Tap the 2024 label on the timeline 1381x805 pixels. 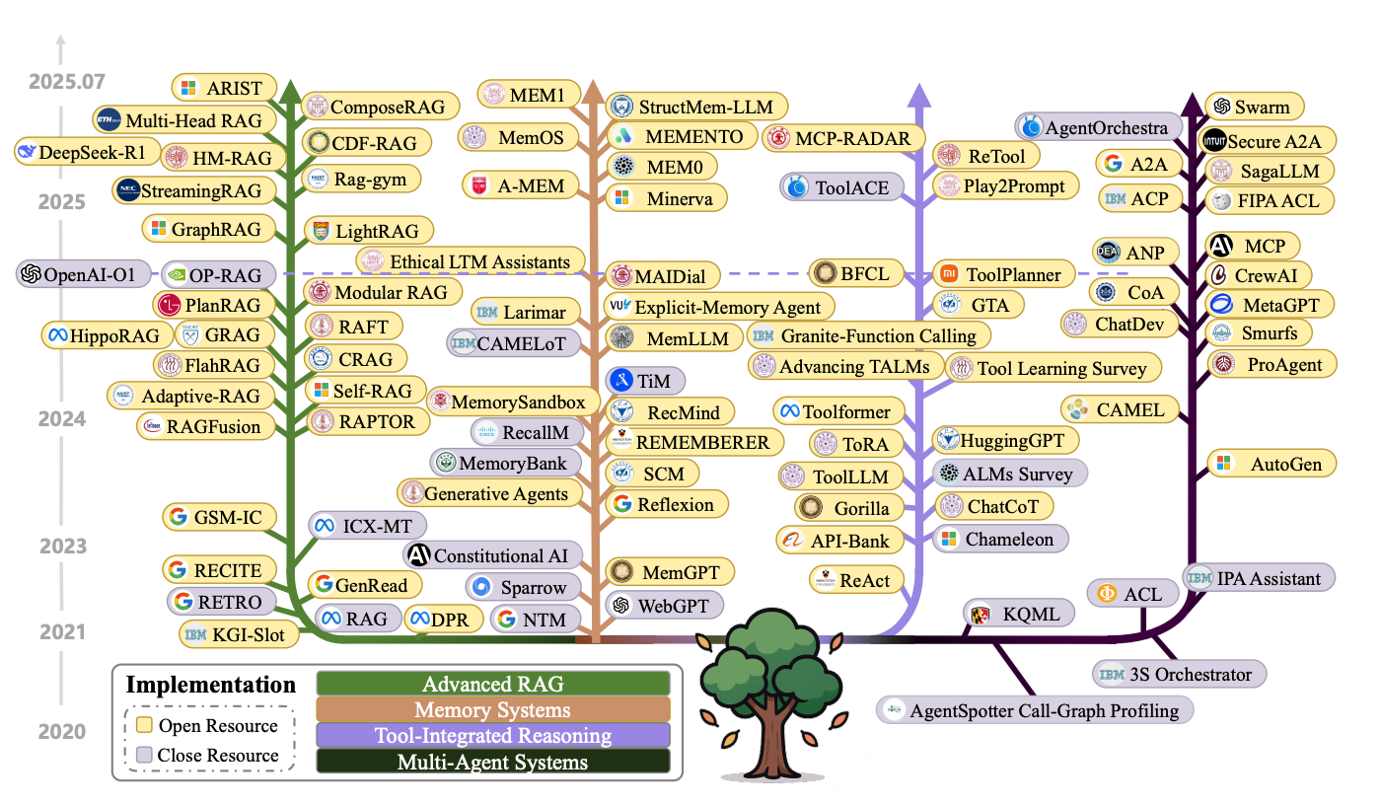coord(63,419)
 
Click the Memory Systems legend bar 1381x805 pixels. coord(492,709)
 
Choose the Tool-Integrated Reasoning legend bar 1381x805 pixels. coord(492,735)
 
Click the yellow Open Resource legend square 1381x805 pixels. coord(144,726)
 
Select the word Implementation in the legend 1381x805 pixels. coord(210,685)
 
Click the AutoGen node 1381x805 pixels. coord(1272,463)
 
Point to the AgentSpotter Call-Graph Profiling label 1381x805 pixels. coord(1036,709)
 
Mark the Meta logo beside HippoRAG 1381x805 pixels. coord(56,335)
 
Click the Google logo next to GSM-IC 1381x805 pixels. coord(179,516)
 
